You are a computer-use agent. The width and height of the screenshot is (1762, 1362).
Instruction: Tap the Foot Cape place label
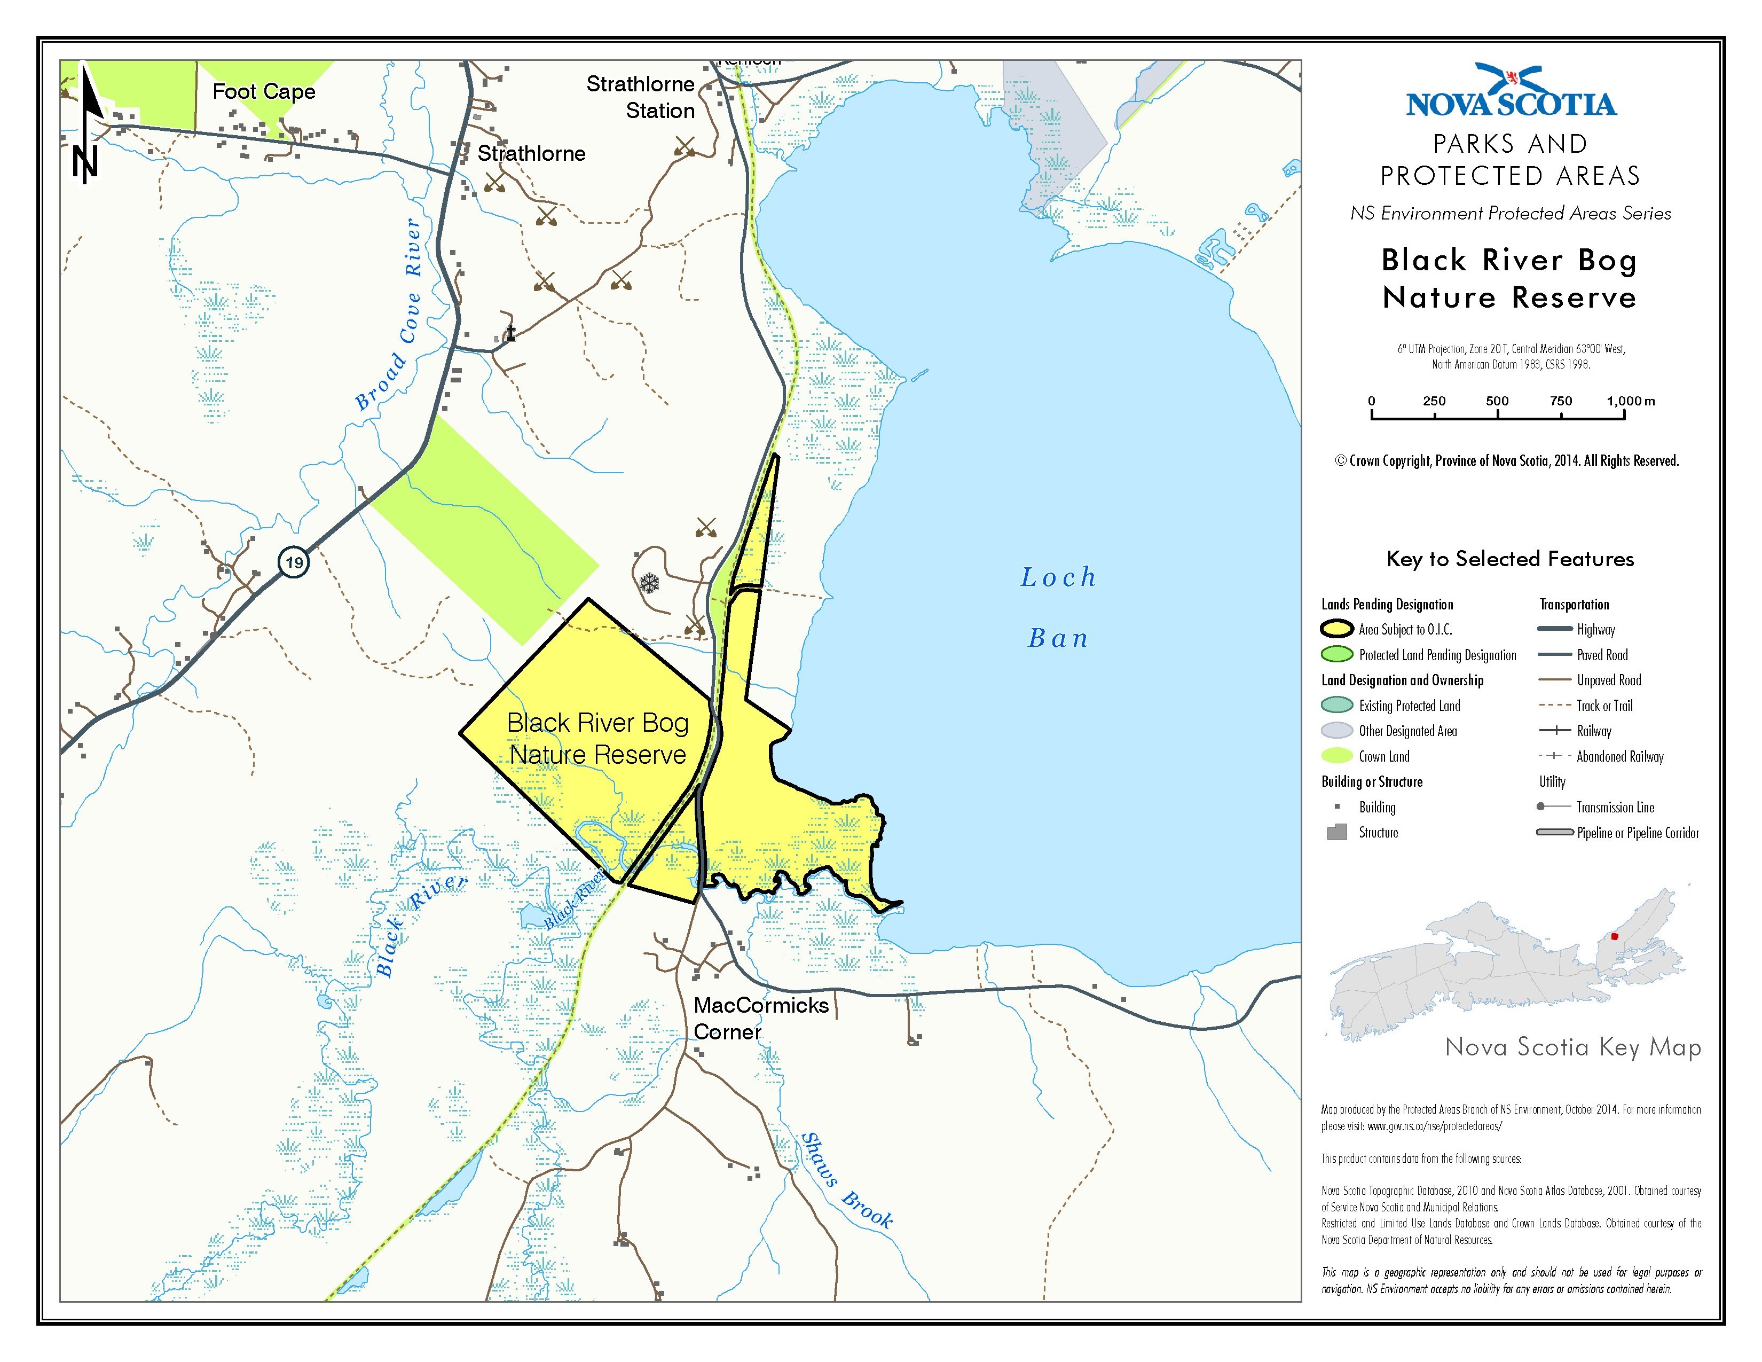point(263,91)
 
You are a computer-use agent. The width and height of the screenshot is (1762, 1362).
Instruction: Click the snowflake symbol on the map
point(649,583)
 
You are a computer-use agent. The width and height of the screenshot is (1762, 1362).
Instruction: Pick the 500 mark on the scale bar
point(1497,401)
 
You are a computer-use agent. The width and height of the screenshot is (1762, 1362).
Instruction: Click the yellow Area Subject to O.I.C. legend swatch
point(1337,629)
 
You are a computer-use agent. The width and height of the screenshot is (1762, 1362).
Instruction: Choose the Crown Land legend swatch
point(1337,756)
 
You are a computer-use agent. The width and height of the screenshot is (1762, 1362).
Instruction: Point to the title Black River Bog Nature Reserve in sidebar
point(1509,278)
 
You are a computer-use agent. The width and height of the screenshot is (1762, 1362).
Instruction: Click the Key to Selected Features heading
point(1509,558)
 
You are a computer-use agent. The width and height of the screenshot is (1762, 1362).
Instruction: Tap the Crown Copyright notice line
point(1506,461)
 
